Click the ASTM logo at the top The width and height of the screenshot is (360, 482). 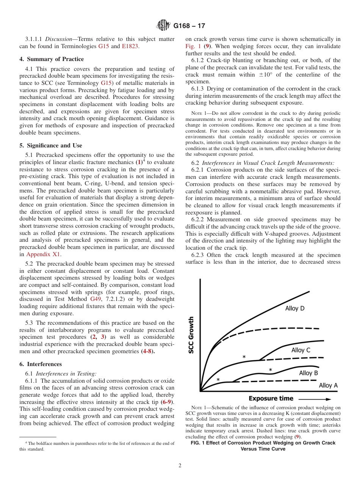click(x=163, y=26)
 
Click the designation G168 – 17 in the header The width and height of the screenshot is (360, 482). click(x=189, y=26)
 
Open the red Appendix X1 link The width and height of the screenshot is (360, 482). click(x=49, y=254)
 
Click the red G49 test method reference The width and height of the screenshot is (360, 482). click(x=95, y=299)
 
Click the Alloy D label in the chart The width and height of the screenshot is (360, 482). click(x=294, y=308)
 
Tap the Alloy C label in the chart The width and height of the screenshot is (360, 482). click(x=301, y=350)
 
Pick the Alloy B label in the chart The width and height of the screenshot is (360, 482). click(x=308, y=373)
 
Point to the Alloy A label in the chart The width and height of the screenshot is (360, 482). click(x=328, y=385)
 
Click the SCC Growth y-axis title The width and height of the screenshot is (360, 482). click(x=191, y=335)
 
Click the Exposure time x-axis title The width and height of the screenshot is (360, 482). click(x=271, y=398)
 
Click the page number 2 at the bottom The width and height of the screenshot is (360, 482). click(x=180, y=466)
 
